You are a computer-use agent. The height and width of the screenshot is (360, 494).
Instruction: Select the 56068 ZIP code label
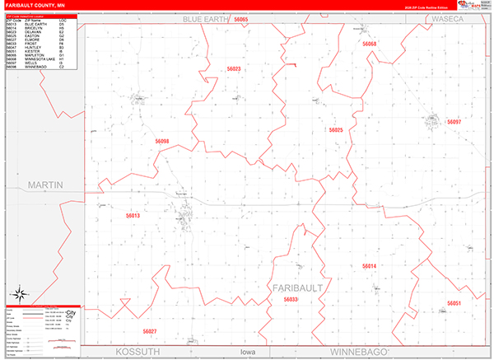point(369,44)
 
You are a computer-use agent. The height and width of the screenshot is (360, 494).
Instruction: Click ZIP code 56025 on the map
point(335,130)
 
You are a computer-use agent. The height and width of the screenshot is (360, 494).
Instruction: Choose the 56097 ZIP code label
point(454,122)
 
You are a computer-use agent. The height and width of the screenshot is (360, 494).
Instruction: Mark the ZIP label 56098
point(161,142)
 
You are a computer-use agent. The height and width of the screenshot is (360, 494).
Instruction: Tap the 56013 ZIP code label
point(133,216)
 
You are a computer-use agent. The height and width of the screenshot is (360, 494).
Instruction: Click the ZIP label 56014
point(369,266)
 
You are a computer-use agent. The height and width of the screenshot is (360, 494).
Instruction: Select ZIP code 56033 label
point(291,300)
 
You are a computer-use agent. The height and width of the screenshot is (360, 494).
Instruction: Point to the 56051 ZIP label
point(454,303)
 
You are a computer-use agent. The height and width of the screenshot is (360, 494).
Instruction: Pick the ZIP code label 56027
point(149,331)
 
